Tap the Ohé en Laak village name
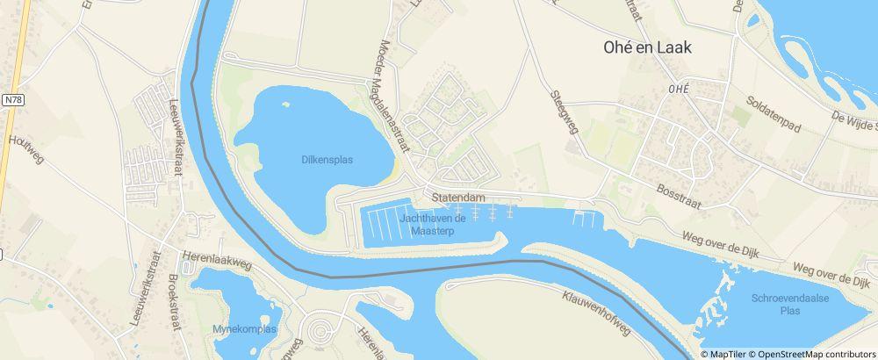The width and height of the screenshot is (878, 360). [x=647, y=48]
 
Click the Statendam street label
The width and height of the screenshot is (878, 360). [x=458, y=198]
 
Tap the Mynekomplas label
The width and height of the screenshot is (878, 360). [x=244, y=329]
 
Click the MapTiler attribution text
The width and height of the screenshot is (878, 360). [x=728, y=354]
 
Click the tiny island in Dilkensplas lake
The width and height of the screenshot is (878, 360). [x=285, y=104]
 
